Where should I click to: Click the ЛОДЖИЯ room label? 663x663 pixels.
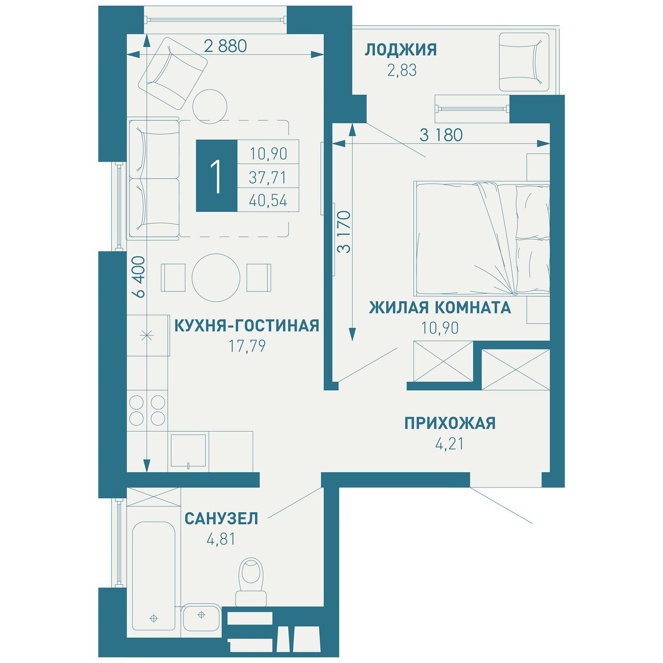[x=400, y=50]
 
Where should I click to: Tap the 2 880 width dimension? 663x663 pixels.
[x=225, y=46]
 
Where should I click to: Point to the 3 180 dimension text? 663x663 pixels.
[x=441, y=135]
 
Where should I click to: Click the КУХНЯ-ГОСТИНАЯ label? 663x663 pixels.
[x=247, y=326]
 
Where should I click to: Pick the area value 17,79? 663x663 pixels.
[x=248, y=347]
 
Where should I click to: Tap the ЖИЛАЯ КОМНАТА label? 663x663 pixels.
[x=440, y=308]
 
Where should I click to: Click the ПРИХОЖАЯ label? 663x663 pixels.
[x=450, y=423]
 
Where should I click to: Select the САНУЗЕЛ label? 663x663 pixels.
[x=221, y=519]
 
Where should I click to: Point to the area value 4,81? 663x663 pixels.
[x=221, y=540]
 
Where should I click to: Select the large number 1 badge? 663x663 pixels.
[x=217, y=176]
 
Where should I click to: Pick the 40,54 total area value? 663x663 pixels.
[x=268, y=200]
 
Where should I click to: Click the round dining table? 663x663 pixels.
[x=215, y=278]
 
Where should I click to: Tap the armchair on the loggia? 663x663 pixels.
[x=524, y=62]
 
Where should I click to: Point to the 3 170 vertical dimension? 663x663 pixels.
[x=344, y=232]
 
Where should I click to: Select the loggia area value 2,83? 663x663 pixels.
[x=402, y=70]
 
